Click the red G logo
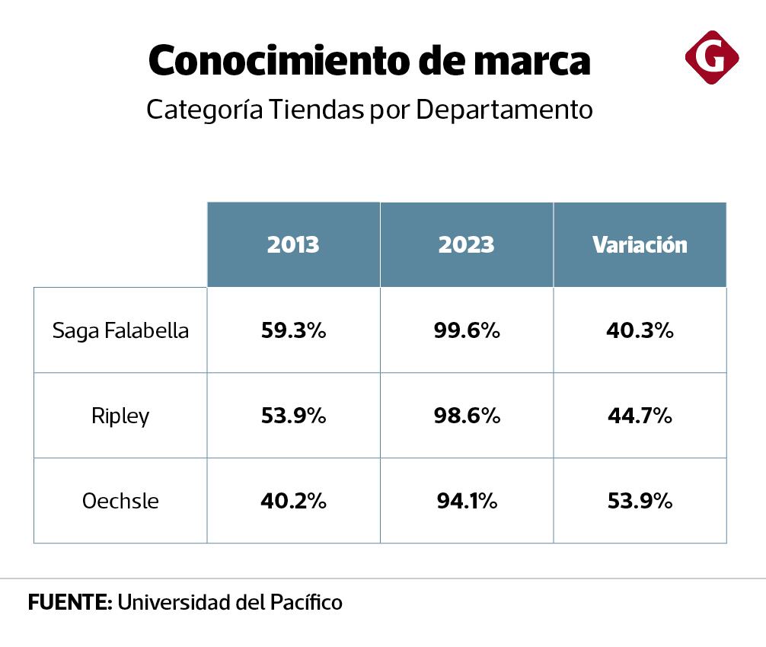712,57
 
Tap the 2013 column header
293,244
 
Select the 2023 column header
466,244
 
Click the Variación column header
640,244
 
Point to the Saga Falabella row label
120,330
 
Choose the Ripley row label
120,416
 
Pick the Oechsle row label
120,502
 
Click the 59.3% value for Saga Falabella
293,330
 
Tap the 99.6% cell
466,330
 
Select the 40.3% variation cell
640,330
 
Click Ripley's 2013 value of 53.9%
293,416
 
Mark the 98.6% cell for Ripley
466,416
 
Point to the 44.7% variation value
640,416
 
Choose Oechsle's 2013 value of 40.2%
293,502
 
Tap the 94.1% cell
466,502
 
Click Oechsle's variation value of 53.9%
640,502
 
